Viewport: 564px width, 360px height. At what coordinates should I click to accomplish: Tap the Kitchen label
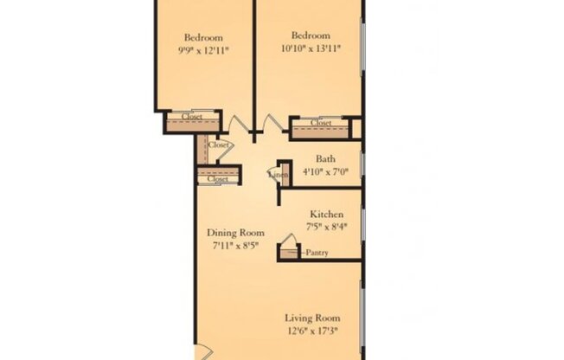click(x=327, y=214)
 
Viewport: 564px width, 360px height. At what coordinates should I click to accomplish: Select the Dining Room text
click(x=234, y=233)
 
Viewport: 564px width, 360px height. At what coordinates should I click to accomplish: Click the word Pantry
click(x=317, y=253)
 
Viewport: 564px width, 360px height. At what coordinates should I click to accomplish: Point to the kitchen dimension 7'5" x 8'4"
click(x=327, y=227)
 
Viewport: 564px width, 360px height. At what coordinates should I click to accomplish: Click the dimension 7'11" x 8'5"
click(x=234, y=246)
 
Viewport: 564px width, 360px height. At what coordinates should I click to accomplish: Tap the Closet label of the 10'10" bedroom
click(x=321, y=124)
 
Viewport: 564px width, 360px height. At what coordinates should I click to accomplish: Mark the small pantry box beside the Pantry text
click(x=288, y=253)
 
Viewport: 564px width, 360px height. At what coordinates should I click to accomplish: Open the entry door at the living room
click(x=201, y=353)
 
